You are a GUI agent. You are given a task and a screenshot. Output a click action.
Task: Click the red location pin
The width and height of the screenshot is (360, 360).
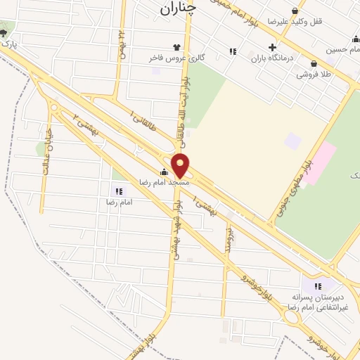(181, 165)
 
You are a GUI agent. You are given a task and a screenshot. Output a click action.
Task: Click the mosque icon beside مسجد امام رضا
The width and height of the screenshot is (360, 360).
(164, 172)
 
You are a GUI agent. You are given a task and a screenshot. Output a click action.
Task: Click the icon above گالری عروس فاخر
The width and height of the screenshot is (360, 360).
(166, 46)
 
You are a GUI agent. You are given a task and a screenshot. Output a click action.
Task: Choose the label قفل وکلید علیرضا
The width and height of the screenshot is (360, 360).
(317, 22)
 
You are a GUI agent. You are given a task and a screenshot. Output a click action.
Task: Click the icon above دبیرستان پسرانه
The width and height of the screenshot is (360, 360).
(318, 285)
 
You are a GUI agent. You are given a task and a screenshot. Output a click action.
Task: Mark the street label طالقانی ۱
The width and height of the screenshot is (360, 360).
(143, 122)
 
